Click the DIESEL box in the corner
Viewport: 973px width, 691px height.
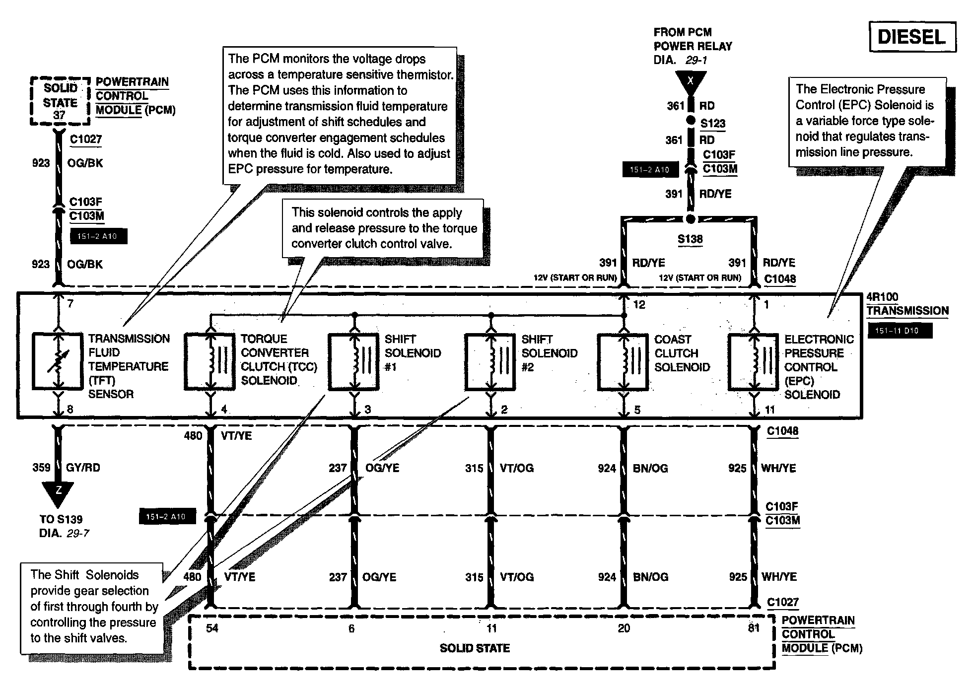912,37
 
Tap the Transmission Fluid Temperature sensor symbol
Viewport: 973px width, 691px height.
58,361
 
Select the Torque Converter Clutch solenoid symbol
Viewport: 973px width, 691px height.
210,361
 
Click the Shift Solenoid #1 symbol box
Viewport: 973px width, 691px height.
353,361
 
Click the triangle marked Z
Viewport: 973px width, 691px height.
58,492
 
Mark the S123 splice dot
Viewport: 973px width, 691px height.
690,121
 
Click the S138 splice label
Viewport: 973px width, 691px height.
690,239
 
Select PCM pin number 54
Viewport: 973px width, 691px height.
212,628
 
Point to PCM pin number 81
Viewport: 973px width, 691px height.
754,628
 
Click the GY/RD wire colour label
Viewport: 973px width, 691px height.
83,468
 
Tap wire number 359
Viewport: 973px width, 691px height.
41,468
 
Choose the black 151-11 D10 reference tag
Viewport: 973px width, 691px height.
900,331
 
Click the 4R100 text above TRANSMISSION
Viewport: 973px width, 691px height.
882,297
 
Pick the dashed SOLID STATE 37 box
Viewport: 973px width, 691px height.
60,101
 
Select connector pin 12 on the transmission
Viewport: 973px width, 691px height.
639,305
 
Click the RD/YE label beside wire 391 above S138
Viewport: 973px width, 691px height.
715,194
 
